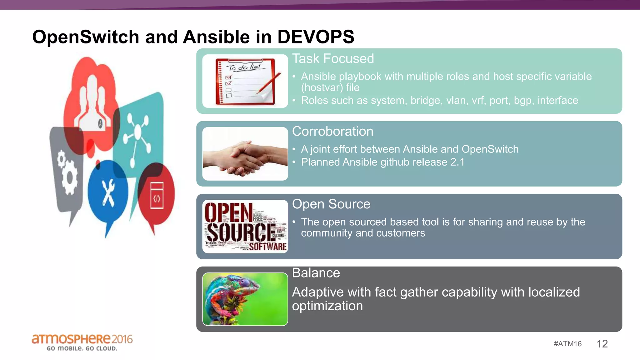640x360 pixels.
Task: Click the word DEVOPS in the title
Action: (x=316, y=37)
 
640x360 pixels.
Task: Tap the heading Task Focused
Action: (x=333, y=59)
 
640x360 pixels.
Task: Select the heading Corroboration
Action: (x=332, y=132)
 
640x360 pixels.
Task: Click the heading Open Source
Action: (x=331, y=204)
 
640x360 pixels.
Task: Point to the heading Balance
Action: (x=316, y=273)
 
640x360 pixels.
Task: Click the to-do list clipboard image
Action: (x=245, y=81)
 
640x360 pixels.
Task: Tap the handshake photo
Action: (x=245, y=154)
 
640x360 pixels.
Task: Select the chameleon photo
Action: (x=245, y=299)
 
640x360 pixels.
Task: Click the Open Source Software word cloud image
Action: (x=245, y=226)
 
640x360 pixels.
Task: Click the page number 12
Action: (x=602, y=344)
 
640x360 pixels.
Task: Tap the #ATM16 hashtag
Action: (x=567, y=344)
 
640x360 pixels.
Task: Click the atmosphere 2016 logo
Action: (x=82, y=339)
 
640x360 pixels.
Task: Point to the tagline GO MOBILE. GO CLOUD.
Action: (x=82, y=348)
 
